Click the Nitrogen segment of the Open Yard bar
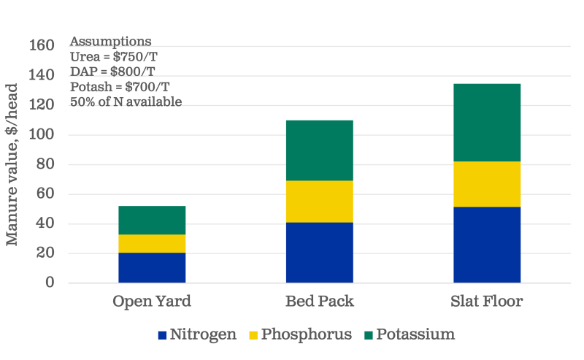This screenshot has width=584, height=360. (152, 267)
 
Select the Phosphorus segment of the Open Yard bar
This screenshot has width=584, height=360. (152, 243)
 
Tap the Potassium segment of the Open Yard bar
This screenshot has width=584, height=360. (152, 220)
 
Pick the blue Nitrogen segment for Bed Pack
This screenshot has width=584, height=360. (319, 252)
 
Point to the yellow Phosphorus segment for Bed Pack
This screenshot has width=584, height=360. (319, 201)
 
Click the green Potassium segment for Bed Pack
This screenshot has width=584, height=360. (319, 150)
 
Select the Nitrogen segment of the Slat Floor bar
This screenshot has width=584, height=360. (487, 245)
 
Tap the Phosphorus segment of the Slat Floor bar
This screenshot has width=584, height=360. (487, 184)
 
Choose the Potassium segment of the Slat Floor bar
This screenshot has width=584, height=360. (487, 123)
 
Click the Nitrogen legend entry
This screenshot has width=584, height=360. (197, 334)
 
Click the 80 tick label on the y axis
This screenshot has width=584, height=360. (45, 164)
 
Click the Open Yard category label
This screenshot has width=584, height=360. (152, 302)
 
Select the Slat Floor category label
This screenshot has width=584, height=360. (487, 302)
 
